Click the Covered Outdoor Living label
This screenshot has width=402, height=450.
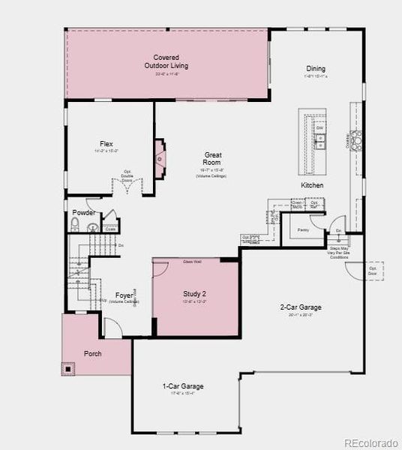point(166,61)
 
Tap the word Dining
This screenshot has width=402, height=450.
point(316,68)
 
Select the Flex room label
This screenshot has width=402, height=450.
point(106,144)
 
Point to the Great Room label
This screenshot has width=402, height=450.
point(212,158)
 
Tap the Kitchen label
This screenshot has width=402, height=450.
point(312,184)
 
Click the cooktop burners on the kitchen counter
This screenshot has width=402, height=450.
point(356,136)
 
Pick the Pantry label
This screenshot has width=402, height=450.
point(303,229)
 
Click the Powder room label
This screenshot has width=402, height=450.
point(83,213)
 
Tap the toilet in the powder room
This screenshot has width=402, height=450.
point(74,226)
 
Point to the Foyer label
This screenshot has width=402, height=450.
point(124,295)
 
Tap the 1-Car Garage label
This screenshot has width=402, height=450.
point(183,386)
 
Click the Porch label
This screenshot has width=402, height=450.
point(92,353)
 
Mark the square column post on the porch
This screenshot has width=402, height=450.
point(70,367)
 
